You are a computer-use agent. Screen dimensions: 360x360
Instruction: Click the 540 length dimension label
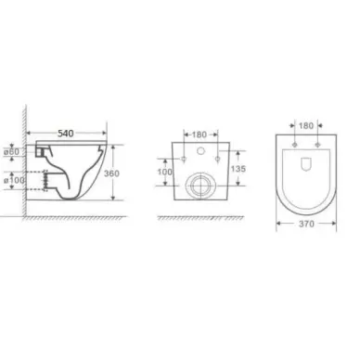click(66, 134)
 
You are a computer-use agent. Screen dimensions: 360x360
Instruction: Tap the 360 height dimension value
click(111, 174)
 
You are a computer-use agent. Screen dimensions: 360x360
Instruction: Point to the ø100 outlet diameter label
click(14, 180)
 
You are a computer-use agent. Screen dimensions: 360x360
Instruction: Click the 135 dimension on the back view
click(238, 169)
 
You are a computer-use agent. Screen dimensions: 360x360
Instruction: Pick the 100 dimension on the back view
click(165, 172)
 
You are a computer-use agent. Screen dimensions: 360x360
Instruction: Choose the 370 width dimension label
click(306, 224)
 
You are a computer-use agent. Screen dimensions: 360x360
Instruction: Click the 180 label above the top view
click(306, 125)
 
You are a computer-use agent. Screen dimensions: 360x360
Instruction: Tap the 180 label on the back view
click(199, 135)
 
